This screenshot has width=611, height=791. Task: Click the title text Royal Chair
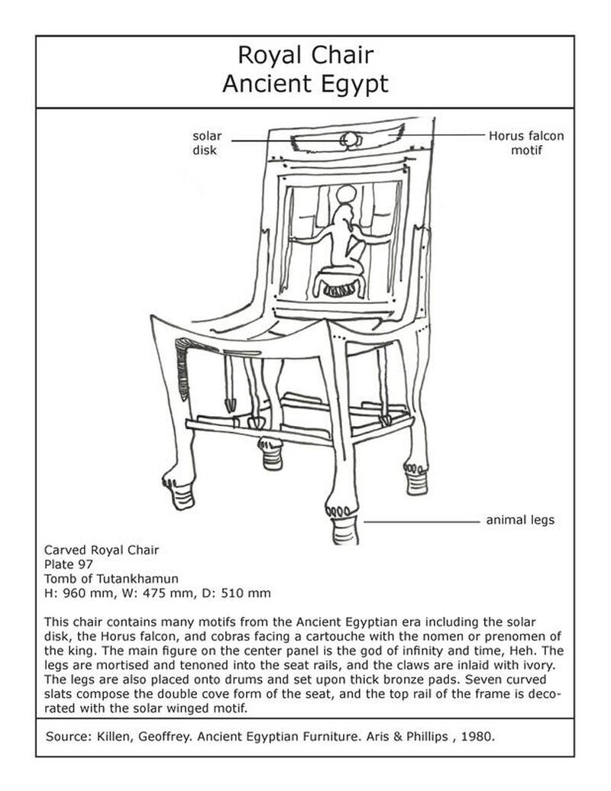click(x=305, y=56)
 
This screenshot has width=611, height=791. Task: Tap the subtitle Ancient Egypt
click(x=305, y=82)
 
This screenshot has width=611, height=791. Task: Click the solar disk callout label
click(x=206, y=143)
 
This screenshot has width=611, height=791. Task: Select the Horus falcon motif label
click(x=526, y=143)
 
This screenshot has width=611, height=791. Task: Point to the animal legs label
click(x=520, y=521)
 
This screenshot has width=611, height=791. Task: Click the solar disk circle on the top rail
click(x=350, y=140)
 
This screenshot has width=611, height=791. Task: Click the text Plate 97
click(x=69, y=564)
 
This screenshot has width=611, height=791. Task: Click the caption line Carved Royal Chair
click(x=102, y=550)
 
